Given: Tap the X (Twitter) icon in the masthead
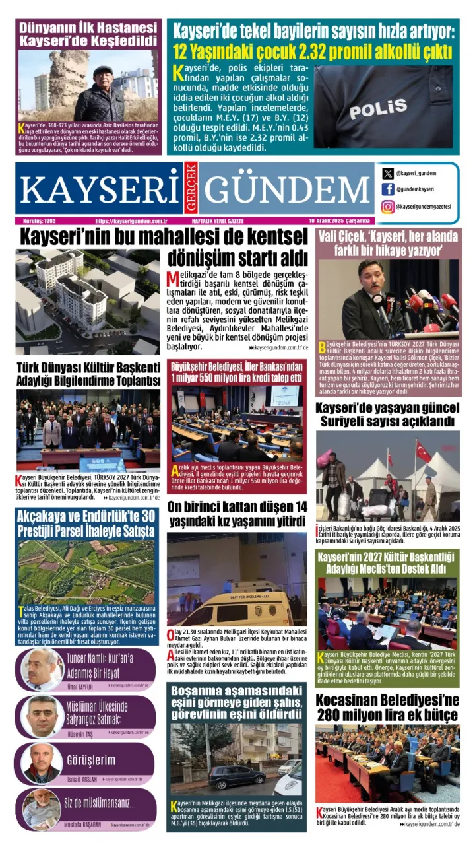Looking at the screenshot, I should (388, 174).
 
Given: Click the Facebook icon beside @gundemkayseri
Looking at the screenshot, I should (388, 190).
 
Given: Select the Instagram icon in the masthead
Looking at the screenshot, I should (388, 207).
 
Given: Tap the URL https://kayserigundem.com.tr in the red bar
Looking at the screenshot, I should (130, 221).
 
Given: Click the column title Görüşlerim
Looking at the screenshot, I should (91, 760).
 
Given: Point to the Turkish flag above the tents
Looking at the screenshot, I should (423, 451).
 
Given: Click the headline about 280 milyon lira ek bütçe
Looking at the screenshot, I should (387, 707).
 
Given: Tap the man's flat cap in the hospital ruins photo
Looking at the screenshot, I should (102, 71).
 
